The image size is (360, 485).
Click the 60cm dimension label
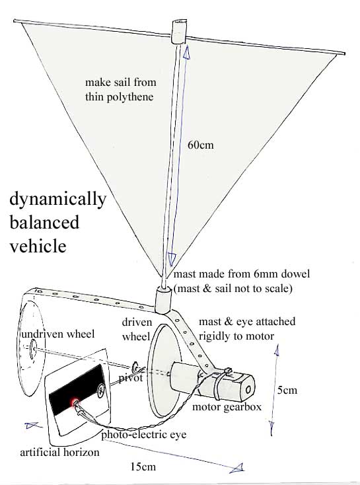coord(200,145)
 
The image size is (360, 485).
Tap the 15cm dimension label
coord(143,466)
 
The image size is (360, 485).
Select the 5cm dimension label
coord(287,390)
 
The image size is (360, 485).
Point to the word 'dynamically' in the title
coord(58,199)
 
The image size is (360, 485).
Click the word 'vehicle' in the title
coord(38,246)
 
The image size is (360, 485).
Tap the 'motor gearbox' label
coord(227,407)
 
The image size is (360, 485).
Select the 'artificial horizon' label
coord(59,452)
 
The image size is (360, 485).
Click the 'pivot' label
coord(131,378)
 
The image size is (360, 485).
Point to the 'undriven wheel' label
coord(58,334)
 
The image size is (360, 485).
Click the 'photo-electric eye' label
coord(144,435)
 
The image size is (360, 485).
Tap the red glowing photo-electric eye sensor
coord(75,402)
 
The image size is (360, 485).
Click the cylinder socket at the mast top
coord(179,31)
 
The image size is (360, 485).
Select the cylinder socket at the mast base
coord(163,300)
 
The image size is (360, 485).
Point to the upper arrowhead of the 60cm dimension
coord(186,53)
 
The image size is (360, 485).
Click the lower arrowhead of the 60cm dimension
coord(171,259)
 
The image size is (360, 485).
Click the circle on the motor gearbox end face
coord(248,390)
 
